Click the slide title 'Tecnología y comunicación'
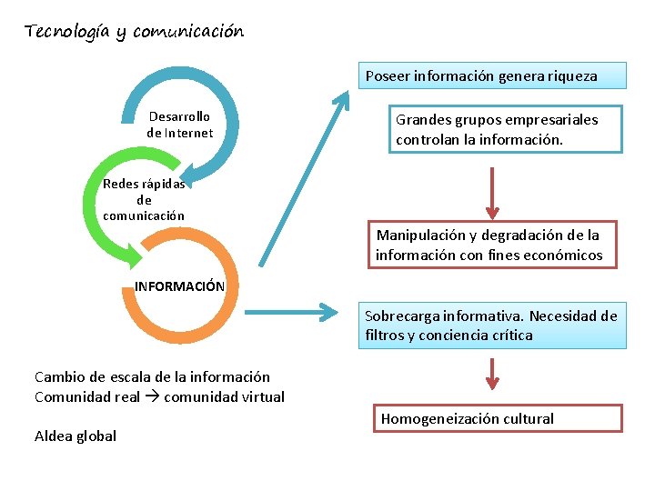pos(135,32)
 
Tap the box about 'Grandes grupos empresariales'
pos(505,130)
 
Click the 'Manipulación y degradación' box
pos(489,245)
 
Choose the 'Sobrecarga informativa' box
pos(490,326)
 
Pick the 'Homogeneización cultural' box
pos(499,418)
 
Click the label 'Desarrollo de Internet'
pos(179,125)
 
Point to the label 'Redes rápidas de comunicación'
pos(144,199)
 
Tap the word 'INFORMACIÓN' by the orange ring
pos(179,286)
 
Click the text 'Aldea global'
pos(76,436)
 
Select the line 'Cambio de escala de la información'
pos(152,376)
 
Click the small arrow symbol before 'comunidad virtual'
pos(155,397)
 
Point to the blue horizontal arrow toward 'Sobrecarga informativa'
pos(296,315)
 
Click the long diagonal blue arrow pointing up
pos(304,178)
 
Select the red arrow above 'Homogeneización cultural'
pos(492,374)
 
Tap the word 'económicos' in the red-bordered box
pos(564,256)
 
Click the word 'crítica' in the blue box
pos(512,336)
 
